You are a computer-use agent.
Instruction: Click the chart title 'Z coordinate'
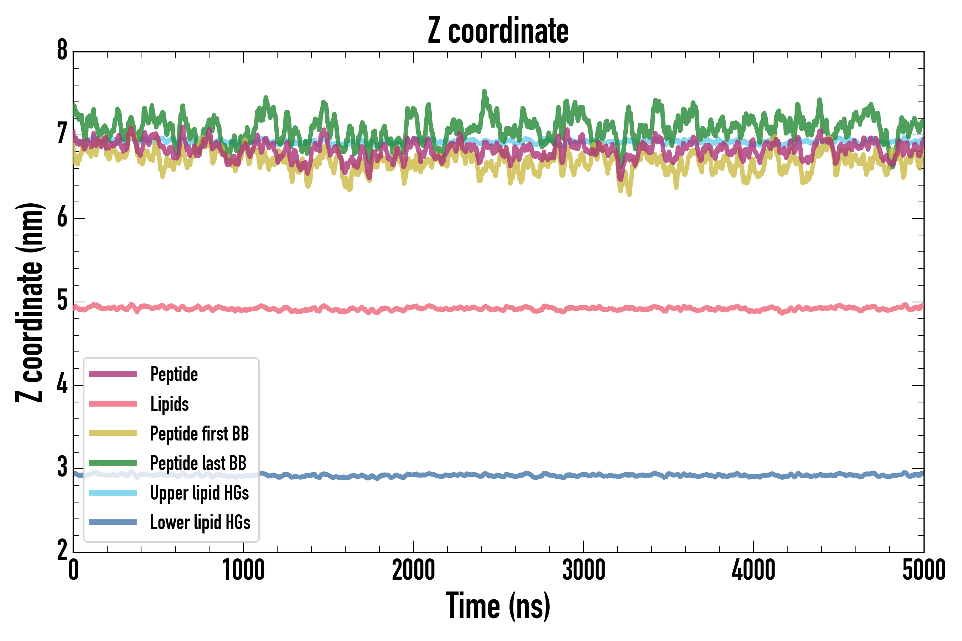498,31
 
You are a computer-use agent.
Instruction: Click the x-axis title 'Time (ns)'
498,606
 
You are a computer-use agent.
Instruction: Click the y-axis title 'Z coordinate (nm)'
30,302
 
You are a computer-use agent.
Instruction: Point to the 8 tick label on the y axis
62,50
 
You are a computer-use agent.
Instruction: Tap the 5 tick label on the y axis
62,301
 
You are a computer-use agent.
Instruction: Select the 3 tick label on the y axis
62,467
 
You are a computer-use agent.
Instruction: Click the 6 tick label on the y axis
62,218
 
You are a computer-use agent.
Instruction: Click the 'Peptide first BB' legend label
199,434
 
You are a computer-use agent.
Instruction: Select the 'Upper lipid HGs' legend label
199,493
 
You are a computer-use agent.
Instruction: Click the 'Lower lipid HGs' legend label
200,523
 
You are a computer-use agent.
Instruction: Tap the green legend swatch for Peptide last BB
113,463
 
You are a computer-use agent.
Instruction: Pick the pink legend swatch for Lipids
113,404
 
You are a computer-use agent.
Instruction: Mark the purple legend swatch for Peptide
113,374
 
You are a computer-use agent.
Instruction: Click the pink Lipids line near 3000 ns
583,308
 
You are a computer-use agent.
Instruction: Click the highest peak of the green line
484,92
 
